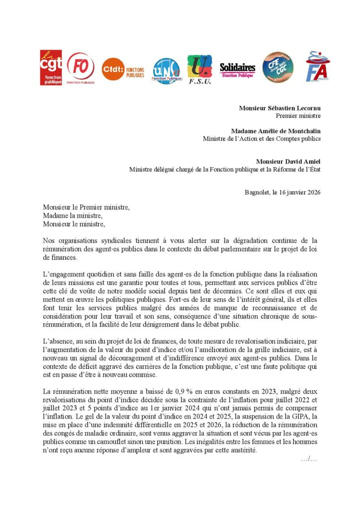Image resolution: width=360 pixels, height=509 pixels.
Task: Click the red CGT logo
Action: click(x=51, y=67)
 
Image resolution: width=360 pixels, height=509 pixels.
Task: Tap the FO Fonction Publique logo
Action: click(x=81, y=68)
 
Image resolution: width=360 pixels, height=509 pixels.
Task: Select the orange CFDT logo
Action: click(x=123, y=69)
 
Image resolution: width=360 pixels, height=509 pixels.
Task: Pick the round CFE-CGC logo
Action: click(x=277, y=68)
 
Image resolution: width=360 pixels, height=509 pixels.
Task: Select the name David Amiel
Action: click(x=303, y=162)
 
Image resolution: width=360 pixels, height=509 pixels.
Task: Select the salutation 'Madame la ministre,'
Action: click(x=73, y=216)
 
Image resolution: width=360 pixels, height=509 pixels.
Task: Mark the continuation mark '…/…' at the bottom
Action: click(x=309, y=458)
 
